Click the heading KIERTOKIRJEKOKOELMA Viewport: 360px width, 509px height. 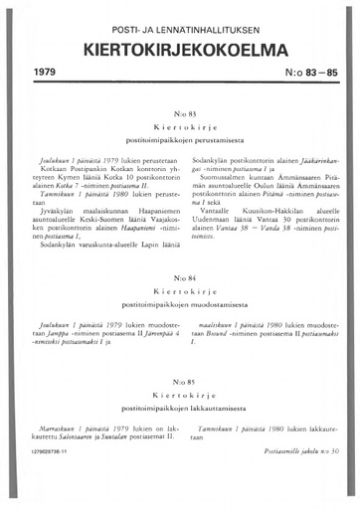[x=179, y=47]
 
